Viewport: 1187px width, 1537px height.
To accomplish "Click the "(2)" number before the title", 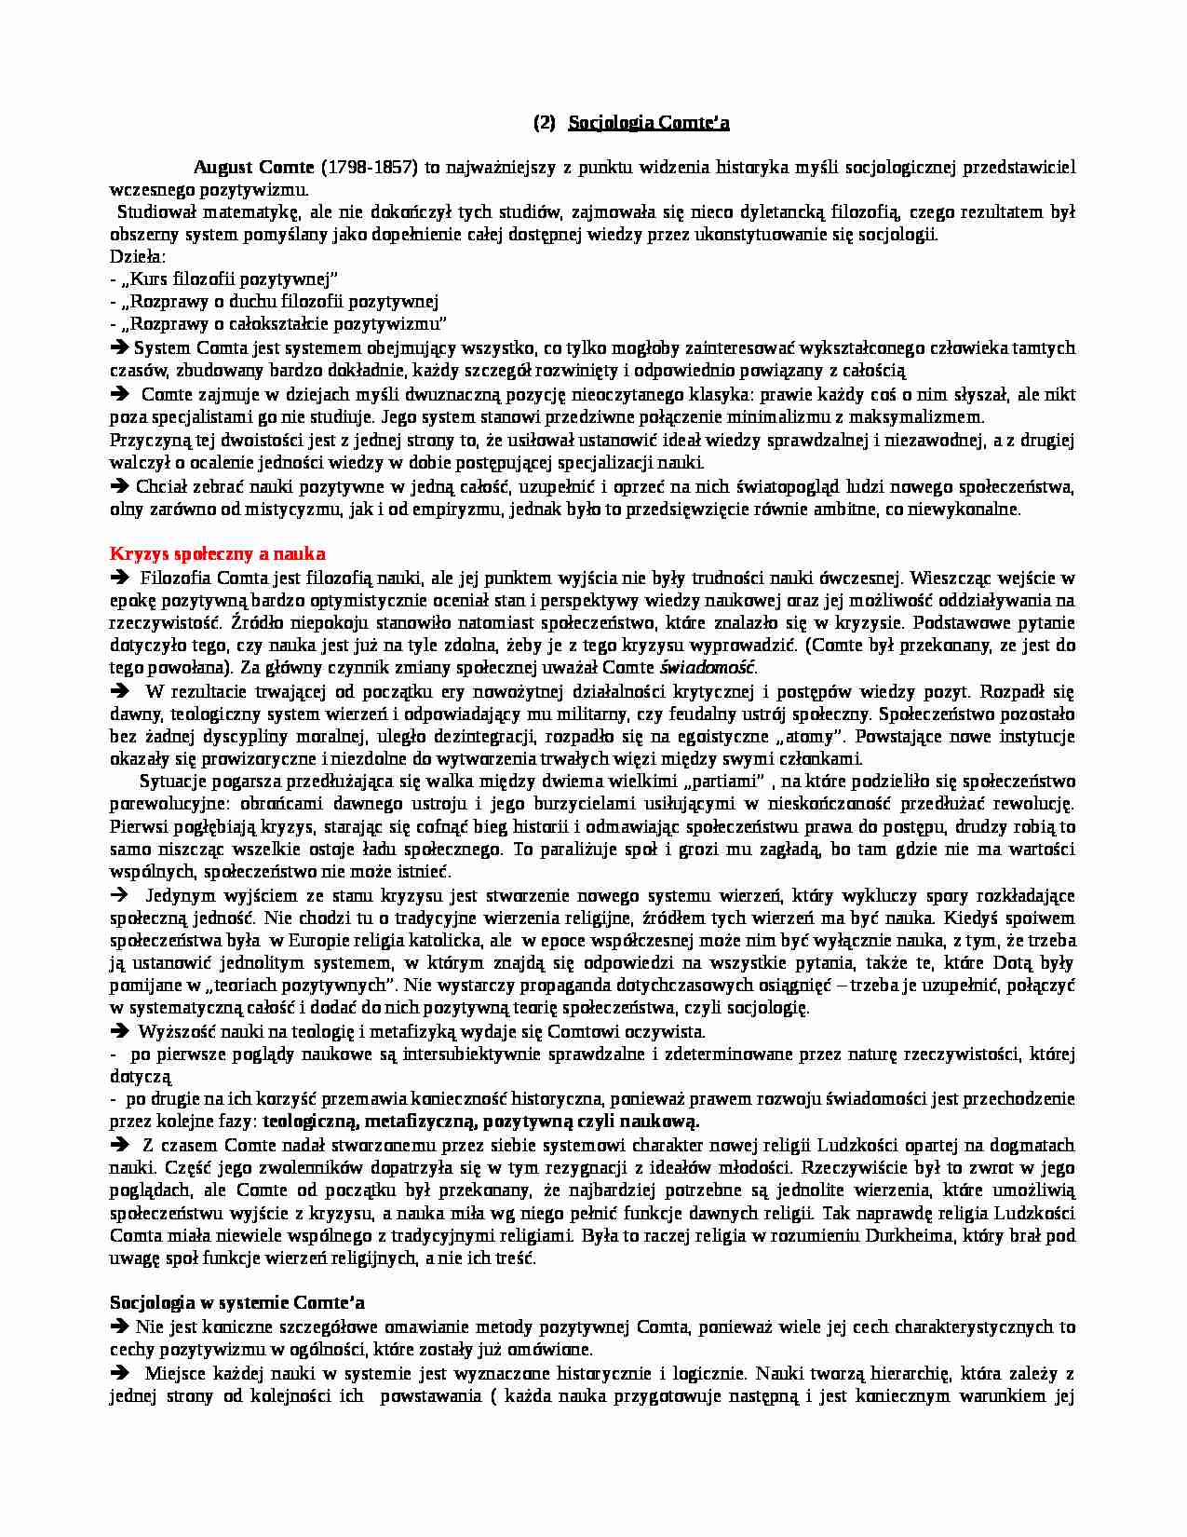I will coord(545,122).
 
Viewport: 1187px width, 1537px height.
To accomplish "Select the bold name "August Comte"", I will coord(253,168).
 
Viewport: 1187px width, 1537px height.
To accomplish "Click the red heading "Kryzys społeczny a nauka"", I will coord(218,554).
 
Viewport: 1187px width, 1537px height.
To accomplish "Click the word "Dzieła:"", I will coord(137,256).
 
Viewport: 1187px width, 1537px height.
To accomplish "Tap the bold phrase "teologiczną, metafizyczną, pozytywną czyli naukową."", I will coord(481,1122).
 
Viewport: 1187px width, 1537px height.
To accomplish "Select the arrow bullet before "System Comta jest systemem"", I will coord(119,347).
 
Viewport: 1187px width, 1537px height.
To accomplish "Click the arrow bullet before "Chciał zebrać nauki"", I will coord(119,485).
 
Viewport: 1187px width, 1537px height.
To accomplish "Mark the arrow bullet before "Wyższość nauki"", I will coord(119,1031).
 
